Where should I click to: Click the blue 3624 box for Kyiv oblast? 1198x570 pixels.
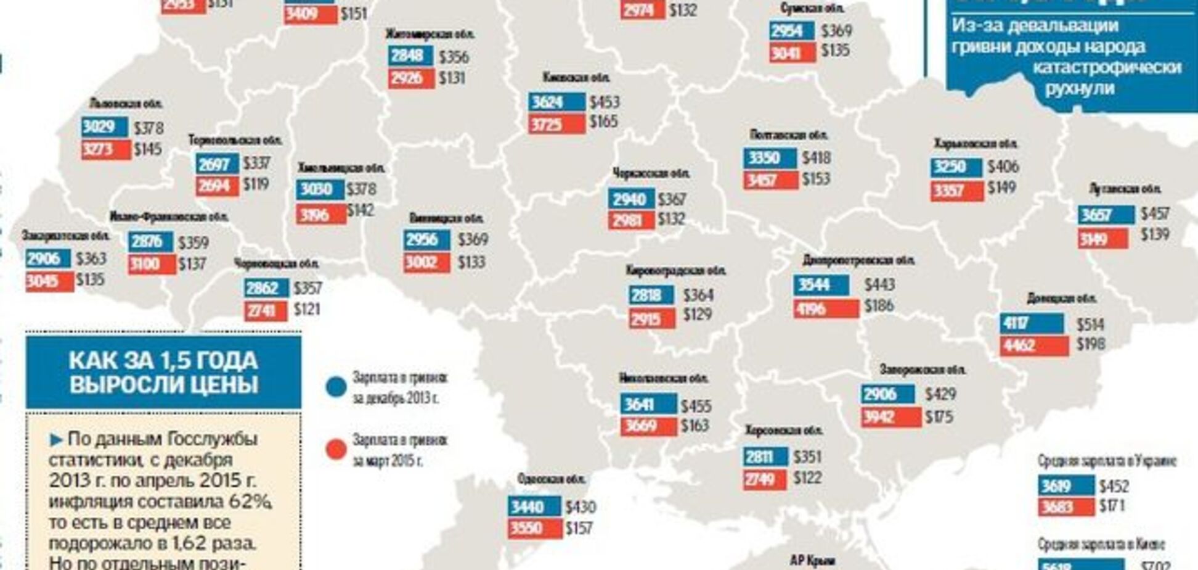(556, 102)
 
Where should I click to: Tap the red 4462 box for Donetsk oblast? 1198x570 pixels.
(1033, 345)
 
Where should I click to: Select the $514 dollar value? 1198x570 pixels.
(1090, 324)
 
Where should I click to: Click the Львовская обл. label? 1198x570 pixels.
(126, 103)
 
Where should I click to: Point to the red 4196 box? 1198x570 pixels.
(825, 308)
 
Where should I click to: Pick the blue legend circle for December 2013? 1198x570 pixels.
(336, 387)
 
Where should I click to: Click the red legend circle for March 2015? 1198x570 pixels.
(336, 450)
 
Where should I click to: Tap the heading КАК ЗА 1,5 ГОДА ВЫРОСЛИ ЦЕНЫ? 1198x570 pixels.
(163, 372)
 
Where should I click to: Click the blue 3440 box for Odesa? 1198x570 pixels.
(534, 506)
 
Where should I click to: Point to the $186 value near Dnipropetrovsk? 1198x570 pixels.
(878, 305)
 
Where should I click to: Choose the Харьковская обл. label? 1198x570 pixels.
(975, 144)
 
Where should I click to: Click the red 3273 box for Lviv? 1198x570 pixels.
(105, 149)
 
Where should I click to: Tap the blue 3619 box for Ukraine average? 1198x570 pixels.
(1065, 485)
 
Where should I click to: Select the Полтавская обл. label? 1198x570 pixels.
(789, 134)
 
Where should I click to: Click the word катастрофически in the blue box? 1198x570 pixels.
(1106, 67)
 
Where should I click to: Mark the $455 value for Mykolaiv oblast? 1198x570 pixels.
(696, 406)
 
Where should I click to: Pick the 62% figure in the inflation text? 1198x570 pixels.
(250, 502)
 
